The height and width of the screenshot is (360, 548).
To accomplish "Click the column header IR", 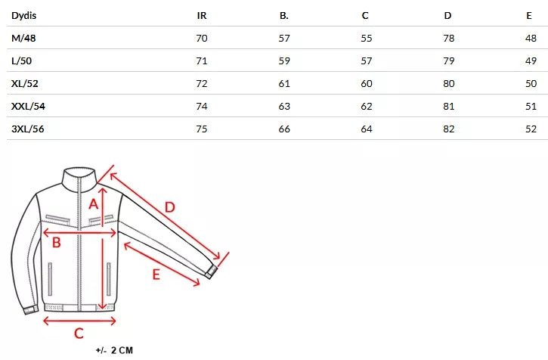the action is point(202,16).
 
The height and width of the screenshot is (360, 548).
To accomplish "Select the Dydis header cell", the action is point(23,16).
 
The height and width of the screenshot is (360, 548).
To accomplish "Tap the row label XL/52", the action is point(24,84).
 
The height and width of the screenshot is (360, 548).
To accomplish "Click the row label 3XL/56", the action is point(28,129).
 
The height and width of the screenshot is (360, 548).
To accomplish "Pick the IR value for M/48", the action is point(202,38).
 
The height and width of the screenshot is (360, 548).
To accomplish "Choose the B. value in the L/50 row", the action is point(284,61).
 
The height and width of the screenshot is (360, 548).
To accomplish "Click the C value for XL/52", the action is point(367,84).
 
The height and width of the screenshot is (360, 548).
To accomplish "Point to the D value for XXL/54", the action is point(449,107).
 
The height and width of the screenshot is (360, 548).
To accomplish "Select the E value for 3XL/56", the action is point(531,129).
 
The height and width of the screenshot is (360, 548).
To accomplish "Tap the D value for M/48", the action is point(449,38).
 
